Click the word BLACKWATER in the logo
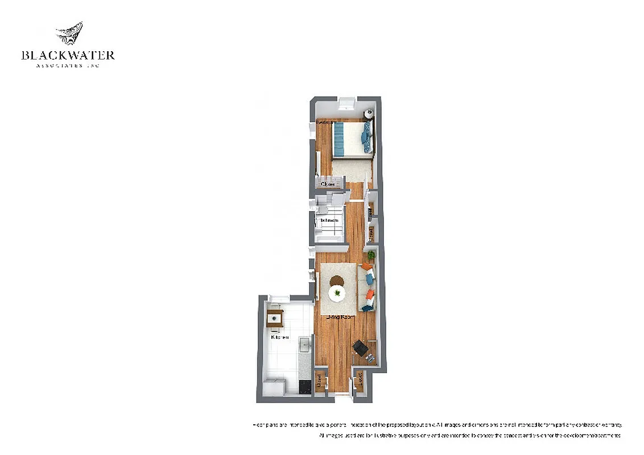click(68, 55)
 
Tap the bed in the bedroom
click(353, 139)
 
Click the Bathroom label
click(329, 220)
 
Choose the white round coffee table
click(338, 293)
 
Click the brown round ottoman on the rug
click(337, 280)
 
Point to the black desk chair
click(360, 346)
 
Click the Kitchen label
click(279, 337)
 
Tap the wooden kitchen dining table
click(275, 317)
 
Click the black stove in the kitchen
click(306, 386)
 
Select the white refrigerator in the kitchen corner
click(274, 387)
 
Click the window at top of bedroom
click(346, 102)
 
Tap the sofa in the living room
click(368, 287)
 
